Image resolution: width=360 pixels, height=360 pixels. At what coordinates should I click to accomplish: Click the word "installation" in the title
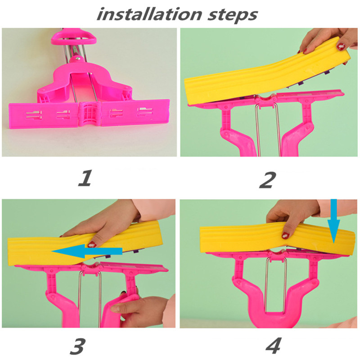click(x=149, y=14)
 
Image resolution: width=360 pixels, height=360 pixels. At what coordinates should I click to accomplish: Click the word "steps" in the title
click(x=232, y=15)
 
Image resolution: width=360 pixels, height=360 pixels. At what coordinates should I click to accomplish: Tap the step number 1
click(x=85, y=178)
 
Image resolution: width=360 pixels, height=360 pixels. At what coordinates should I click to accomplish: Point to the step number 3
click(x=77, y=346)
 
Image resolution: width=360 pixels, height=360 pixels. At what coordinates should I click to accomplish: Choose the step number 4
click(x=274, y=345)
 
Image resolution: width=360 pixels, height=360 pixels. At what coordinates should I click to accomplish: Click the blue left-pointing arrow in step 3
click(x=87, y=251)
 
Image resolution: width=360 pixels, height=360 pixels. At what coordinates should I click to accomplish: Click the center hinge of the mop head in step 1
click(x=90, y=113)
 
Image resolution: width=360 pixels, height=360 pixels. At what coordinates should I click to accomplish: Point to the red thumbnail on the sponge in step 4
click(x=286, y=235)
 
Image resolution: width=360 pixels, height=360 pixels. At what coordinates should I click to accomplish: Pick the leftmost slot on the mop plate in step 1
click(x=34, y=115)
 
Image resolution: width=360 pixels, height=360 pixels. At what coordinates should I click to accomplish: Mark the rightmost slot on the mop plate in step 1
click(x=145, y=111)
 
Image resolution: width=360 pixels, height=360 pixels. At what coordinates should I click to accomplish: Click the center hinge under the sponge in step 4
click(x=278, y=254)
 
